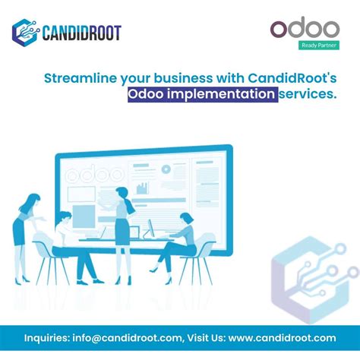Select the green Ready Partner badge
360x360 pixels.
318,46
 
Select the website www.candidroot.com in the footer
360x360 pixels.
282,338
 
